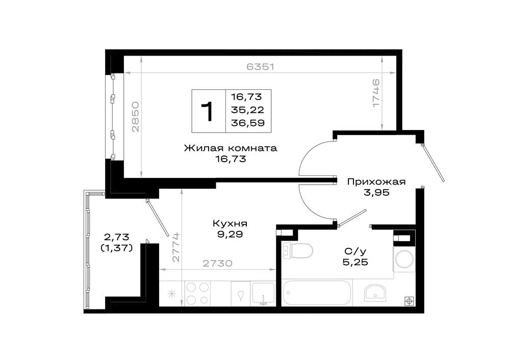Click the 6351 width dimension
[260, 67]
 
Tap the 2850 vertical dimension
[135, 117]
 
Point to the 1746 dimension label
[376, 93]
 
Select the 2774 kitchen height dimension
[176, 247]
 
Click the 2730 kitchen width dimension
[218, 263]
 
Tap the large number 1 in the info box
[207, 111]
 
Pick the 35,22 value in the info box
[247, 110]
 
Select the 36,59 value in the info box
[247, 123]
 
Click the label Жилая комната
[231, 148]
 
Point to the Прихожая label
[376, 182]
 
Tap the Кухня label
[230, 224]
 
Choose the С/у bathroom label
[355, 251]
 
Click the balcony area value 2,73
[116, 237]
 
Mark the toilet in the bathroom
[298, 251]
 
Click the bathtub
[317, 293]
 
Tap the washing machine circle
[404, 260]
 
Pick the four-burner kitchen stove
[197, 293]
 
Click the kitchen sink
[263, 293]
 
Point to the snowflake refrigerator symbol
[171, 294]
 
